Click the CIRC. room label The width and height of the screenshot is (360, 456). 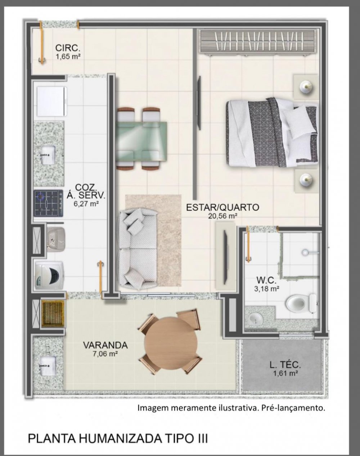point(68,48)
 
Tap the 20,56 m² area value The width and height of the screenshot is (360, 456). point(222,216)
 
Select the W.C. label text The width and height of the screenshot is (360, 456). point(266,280)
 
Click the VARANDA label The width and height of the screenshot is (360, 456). point(105,345)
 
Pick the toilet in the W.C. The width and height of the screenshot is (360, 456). point(301,303)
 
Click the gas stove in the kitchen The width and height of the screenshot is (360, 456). point(48,203)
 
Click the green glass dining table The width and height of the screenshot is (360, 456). point(141,141)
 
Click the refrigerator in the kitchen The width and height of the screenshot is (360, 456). point(52,101)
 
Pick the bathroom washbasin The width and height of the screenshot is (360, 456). point(256,319)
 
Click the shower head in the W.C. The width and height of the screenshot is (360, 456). point(305,252)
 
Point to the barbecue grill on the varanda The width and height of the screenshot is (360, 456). point(53,311)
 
